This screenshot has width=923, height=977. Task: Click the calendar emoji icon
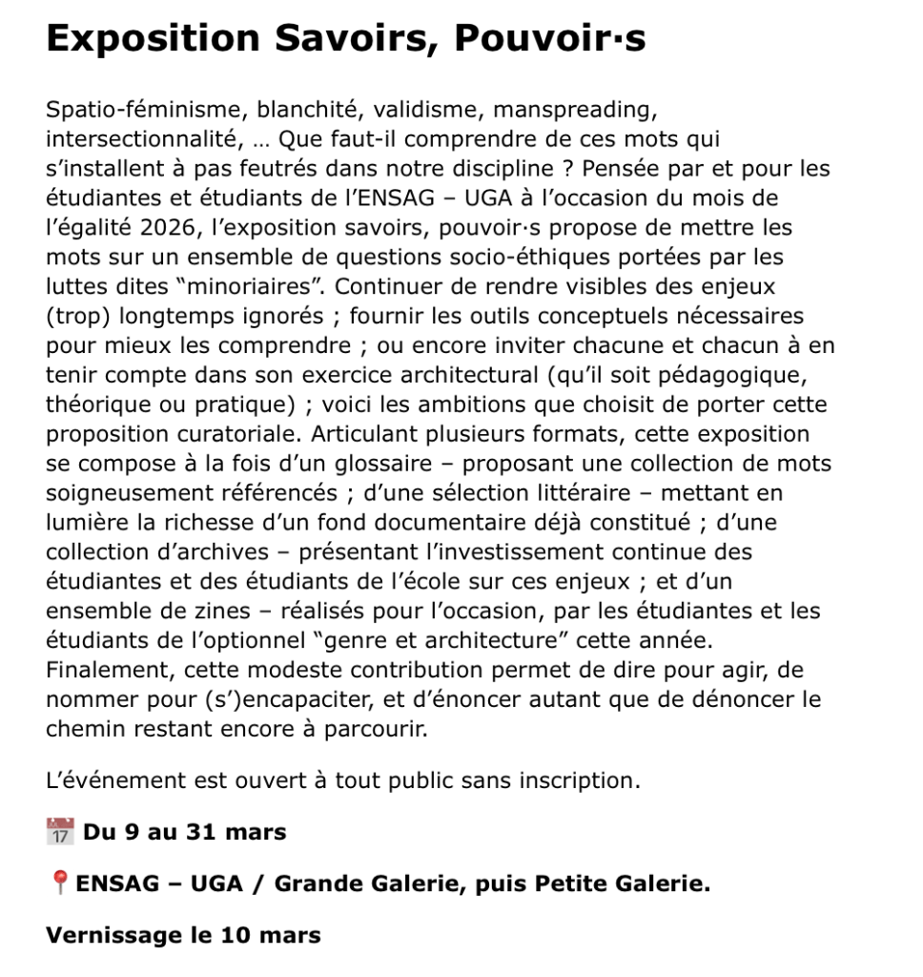tap(59, 832)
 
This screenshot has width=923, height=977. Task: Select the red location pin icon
tap(58, 883)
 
